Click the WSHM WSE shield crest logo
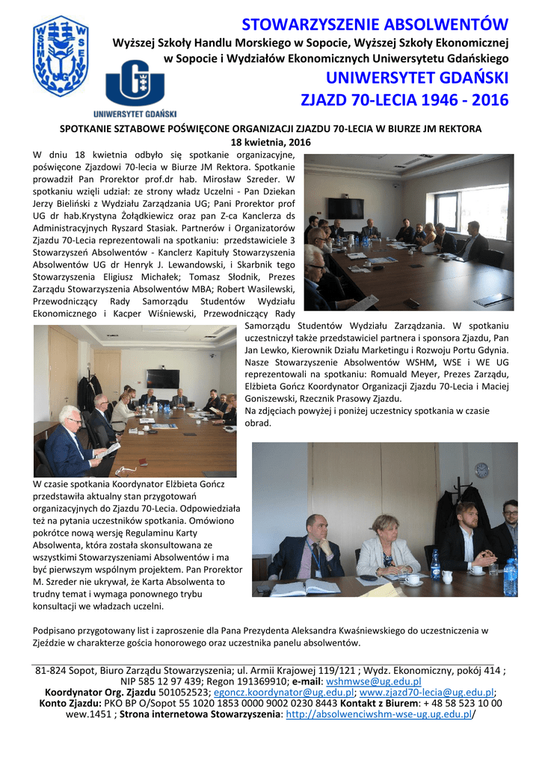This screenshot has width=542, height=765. click(x=60, y=55)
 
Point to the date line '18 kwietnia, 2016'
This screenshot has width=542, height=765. click(x=271, y=143)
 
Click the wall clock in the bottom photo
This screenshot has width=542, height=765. click(x=481, y=470)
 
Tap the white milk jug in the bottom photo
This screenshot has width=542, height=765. click(x=447, y=577)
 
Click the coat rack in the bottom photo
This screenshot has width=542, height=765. click(x=447, y=508)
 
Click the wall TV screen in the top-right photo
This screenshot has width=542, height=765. click(x=345, y=208)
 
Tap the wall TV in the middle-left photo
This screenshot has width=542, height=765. click(x=162, y=378)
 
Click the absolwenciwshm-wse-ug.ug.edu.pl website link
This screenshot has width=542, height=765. click(x=379, y=714)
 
